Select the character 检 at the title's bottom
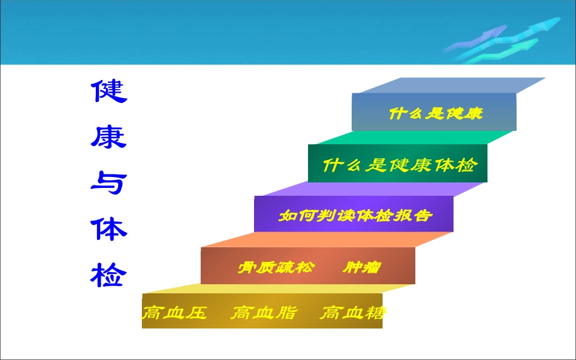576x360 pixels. (109, 275)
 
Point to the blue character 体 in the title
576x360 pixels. (109, 229)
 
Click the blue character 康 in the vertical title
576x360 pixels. (109, 137)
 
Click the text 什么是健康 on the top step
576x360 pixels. (435, 113)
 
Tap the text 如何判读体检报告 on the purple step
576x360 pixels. (355, 216)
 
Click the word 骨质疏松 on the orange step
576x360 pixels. (275, 267)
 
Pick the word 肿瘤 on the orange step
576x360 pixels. (362, 267)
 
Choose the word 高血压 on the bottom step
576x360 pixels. (175, 313)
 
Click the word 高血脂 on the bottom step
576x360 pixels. (264, 313)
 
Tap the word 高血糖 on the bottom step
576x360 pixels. (353, 313)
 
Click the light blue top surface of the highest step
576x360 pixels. (449, 85)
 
